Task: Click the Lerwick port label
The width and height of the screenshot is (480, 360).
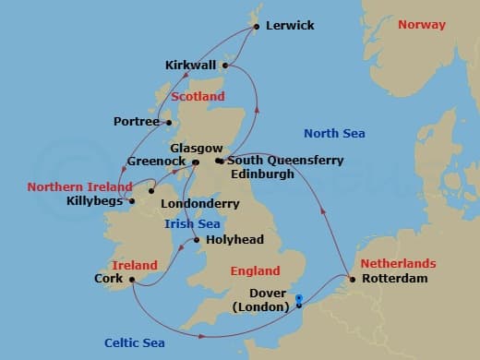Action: (290, 26)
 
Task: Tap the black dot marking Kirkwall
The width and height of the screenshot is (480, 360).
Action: (225, 66)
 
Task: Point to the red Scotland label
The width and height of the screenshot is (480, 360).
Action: (198, 96)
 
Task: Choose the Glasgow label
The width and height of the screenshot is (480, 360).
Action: (197, 148)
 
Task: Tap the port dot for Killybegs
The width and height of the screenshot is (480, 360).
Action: (131, 199)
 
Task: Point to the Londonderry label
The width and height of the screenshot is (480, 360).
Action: (199, 203)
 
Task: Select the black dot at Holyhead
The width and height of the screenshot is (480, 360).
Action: (198, 241)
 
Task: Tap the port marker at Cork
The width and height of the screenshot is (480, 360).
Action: (133, 278)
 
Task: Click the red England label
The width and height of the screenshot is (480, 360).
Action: (256, 271)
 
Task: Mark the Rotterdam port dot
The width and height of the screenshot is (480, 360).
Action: (351, 278)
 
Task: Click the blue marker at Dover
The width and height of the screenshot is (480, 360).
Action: (299, 300)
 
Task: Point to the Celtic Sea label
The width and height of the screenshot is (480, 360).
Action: (135, 342)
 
